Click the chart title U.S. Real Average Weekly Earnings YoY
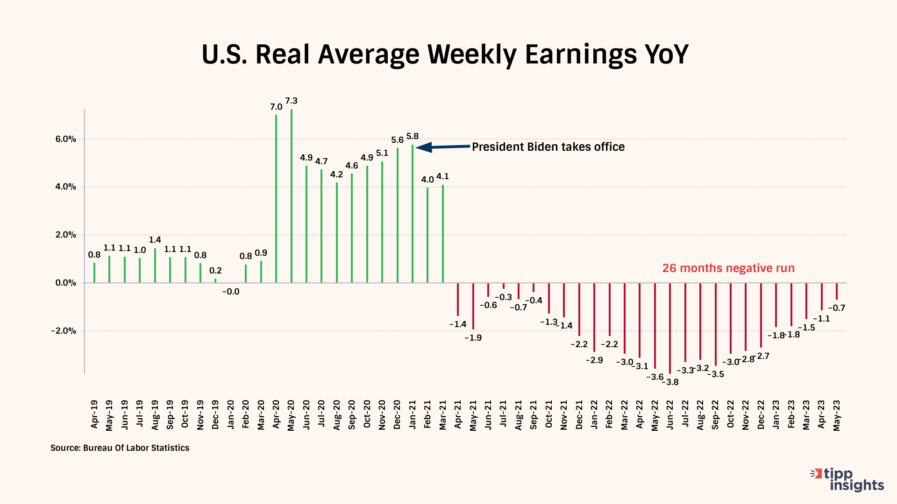[445, 54]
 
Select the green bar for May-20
[292, 196]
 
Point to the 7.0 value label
[276, 107]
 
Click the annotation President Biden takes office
[548, 147]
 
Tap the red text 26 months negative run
[728, 268]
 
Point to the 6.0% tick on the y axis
[66, 139]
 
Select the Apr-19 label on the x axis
[94, 414]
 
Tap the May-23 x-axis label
[837, 415]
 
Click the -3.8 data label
[672, 382]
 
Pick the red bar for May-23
[837, 291]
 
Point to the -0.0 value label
[230, 292]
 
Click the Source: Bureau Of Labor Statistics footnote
[120, 448]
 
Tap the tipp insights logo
[847, 480]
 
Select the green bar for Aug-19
[155, 266]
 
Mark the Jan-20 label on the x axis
[231, 414]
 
